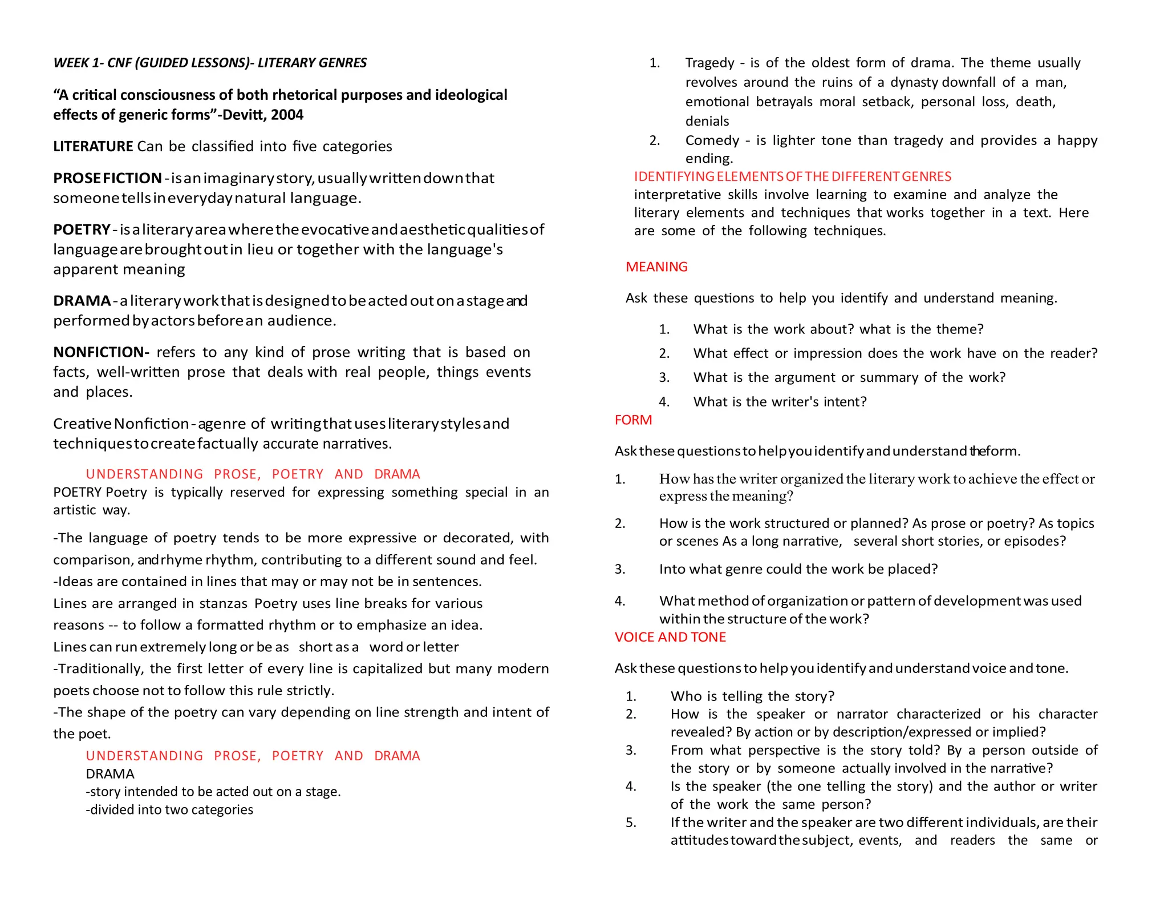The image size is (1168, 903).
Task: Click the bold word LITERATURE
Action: pos(93,147)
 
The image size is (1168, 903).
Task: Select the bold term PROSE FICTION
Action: pos(107,178)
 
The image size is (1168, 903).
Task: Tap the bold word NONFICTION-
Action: pos(101,352)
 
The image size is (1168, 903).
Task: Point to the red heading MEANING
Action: pos(656,267)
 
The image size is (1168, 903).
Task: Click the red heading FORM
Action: pos(633,420)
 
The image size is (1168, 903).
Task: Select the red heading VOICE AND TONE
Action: pos(670,637)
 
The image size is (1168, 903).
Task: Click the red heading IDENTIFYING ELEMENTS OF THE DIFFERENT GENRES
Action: pos(792,176)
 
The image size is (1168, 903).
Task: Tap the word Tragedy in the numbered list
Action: pos(710,63)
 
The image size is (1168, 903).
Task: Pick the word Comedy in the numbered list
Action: pos(712,140)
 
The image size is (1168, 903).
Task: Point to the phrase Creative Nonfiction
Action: pos(121,424)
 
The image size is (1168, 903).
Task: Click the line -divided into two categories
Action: pos(169,809)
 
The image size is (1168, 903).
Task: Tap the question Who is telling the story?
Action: pos(752,696)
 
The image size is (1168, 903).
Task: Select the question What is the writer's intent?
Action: pos(780,402)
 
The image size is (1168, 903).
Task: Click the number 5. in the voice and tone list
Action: pos(631,823)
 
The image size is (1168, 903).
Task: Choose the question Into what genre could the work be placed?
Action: pos(798,569)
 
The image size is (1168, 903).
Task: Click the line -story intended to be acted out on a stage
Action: pos(213,792)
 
